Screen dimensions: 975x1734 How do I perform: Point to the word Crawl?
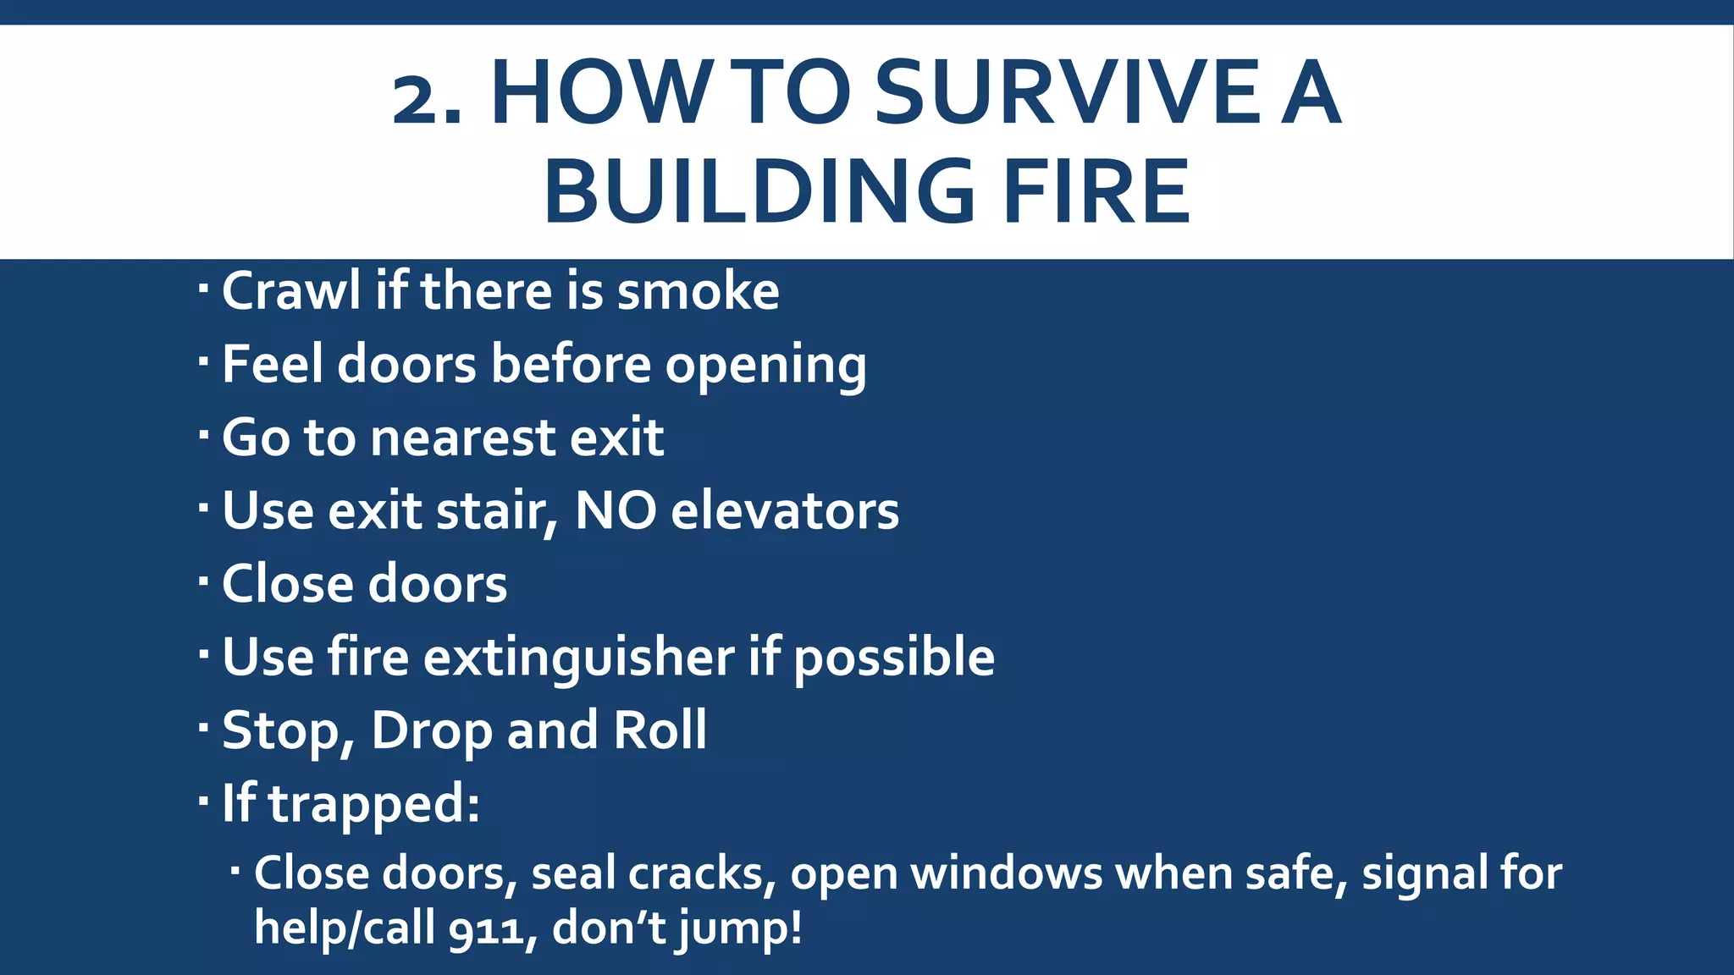pos(292,291)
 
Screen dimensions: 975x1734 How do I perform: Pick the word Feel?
pos(273,364)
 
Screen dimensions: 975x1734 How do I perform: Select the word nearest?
pos(462,438)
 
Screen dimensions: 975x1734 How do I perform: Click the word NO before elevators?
pos(616,511)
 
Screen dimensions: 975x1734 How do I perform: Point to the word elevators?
pos(785,511)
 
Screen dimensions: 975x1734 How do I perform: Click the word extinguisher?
pos(578,658)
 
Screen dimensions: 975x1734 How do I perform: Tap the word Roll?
pos(660,730)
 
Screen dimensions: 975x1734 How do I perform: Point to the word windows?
pos(1007,873)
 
